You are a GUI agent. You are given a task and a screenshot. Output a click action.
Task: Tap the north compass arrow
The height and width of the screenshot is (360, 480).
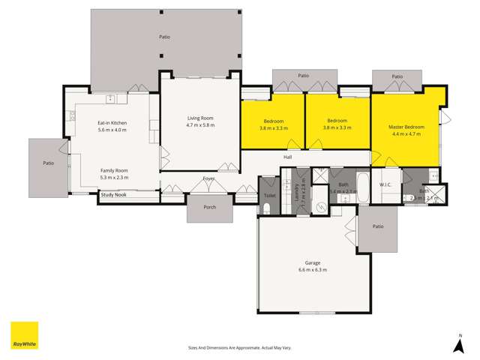click(x=459, y=344)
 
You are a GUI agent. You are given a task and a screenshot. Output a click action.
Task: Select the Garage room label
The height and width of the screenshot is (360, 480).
click(x=313, y=263)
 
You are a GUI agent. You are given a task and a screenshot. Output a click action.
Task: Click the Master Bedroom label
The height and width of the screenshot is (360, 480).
click(x=406, y=127)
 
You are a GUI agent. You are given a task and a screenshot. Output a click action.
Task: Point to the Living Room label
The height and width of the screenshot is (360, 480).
click(x=200, y=118)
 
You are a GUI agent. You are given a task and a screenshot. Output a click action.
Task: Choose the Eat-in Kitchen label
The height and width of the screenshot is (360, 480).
click(x=112, y=122)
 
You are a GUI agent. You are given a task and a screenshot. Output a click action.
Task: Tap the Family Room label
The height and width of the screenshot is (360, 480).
click(x=114, y=170)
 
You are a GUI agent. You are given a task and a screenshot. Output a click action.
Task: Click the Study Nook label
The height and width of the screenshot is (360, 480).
click(x=114, y=196)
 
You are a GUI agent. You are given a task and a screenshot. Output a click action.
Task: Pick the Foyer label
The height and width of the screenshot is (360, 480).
click(x=208, y=178)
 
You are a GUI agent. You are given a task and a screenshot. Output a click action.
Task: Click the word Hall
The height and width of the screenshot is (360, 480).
click(x=287, y=157)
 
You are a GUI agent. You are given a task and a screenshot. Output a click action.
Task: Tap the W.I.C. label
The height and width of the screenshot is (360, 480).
click(x=386, y=184)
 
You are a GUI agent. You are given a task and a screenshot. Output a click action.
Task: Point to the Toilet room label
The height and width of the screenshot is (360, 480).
click(x=269, y=195)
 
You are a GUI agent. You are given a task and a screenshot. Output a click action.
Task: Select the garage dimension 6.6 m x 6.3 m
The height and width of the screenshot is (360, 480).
click(x=313, y=270)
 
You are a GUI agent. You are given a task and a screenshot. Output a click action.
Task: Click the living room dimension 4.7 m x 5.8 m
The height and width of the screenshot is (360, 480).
click(x=200, y=125)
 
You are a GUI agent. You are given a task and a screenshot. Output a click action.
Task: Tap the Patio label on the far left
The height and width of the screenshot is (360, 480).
click(x=48, y=163)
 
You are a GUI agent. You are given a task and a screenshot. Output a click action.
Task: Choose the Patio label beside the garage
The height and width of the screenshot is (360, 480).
click(x=378, y=226)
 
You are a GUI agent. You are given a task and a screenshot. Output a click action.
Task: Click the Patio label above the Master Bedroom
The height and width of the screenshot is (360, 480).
click(x=397, y=76)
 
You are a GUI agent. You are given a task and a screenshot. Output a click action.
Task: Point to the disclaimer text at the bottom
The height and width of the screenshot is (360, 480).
click(x=239, y=347)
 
